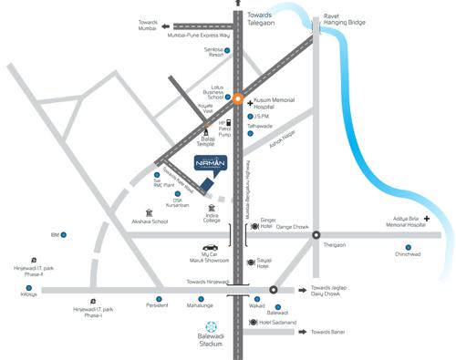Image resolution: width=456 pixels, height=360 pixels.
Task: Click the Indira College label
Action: (x=212, y=218)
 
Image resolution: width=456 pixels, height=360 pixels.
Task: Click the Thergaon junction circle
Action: (x=316, y=235)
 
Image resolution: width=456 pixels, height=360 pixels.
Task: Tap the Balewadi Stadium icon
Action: (x=212, y=327)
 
